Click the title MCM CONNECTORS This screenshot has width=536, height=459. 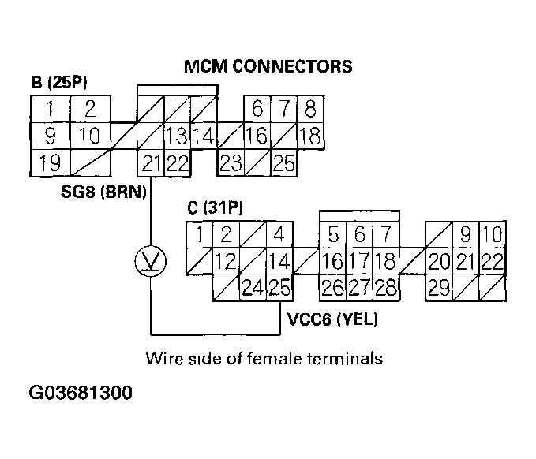268,66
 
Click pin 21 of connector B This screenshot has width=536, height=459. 150,163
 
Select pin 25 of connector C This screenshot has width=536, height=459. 279,288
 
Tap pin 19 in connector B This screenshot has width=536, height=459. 50,163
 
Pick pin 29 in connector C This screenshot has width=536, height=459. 440,288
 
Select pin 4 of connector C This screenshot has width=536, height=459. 279,234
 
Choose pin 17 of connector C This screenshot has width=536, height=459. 359,261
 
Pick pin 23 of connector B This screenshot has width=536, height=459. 231,163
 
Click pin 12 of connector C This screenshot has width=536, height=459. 226,261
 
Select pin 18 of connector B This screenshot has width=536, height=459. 311,136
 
